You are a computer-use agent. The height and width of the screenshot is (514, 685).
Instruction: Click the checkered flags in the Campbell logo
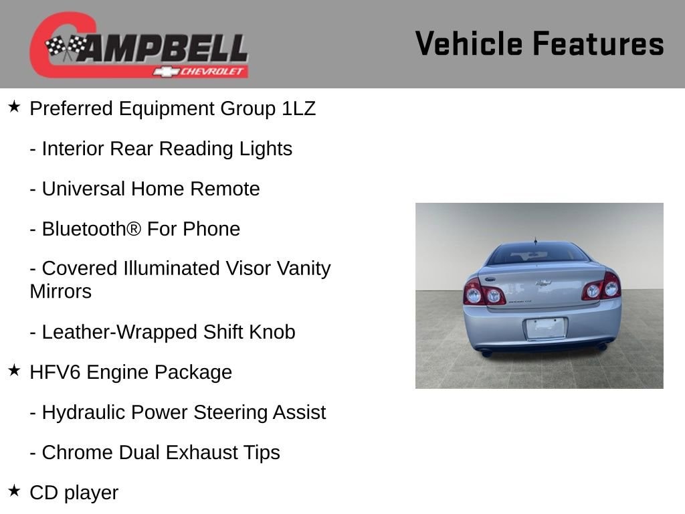pos(66,47)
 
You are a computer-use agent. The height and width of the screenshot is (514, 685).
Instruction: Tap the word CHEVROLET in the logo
pos(211,72)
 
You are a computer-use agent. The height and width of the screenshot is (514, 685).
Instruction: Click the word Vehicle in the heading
pos(469,44)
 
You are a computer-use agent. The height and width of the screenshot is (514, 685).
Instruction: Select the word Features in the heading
pos(598,44)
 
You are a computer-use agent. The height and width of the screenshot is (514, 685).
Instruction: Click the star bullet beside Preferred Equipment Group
pos(15,106)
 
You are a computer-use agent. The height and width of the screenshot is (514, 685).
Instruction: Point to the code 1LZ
pos(298,108)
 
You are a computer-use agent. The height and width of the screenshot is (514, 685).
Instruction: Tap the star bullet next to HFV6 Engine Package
pos(15,370)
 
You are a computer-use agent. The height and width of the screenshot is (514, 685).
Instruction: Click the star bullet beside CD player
pos(15,491)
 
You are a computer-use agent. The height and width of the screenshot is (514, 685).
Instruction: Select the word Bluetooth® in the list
pos(92,229)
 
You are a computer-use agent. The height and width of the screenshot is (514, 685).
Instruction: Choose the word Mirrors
pos(61,292)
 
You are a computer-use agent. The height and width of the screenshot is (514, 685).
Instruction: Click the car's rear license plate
pos(545,329)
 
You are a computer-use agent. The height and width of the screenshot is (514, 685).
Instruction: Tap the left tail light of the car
pos(484,292)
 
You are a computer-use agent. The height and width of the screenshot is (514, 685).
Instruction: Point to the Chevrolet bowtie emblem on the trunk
pos(543,283)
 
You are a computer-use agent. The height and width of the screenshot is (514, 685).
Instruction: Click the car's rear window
pos(539,254)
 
